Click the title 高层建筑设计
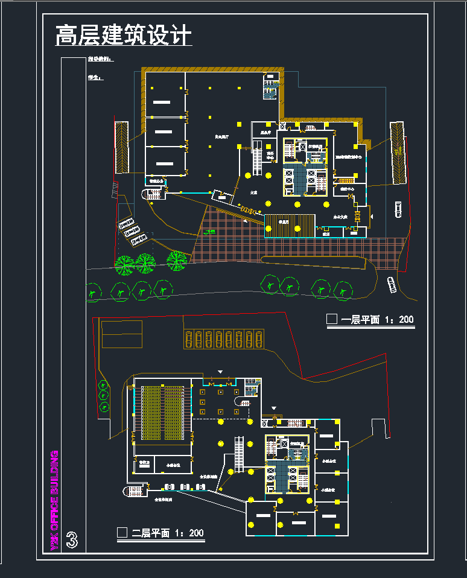[123, 35]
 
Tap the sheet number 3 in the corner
[72, 540]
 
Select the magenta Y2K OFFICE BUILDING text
[54, 500]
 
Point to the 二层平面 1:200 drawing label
[168, 533]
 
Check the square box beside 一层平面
[331, 319]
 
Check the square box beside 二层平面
[122, 532]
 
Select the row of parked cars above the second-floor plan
[224, 339]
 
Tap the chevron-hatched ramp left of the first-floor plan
[122, 147]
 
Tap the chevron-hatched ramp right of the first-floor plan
[397, 152]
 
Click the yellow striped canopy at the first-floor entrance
[290, 226]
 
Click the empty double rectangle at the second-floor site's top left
[122, 334]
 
